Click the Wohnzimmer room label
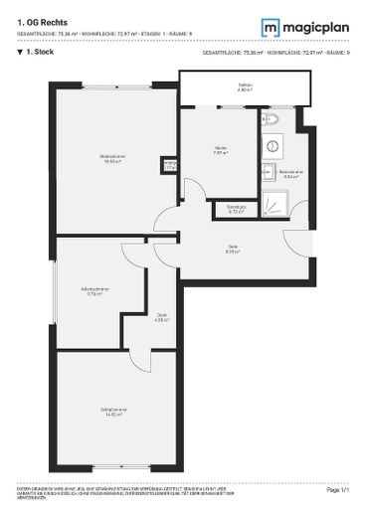pos(110,156)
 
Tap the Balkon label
pos(245,86)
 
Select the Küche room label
pos(220,149)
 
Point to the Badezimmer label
pos(290,173)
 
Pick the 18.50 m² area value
pos(110,161)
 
